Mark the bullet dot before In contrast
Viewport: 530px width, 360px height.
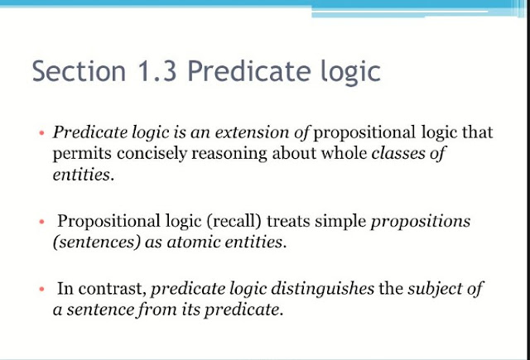coord(41,290)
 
